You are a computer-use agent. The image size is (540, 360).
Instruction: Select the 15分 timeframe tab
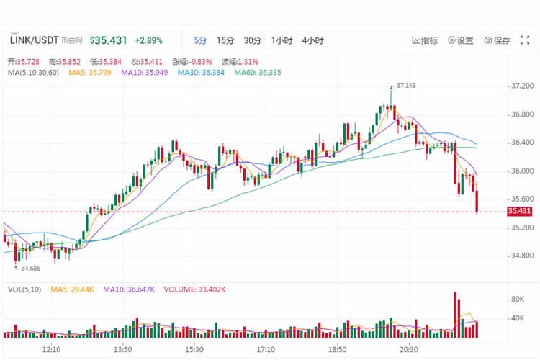(x=225, y=40)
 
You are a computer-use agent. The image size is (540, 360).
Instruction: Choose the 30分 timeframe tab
(x=253, y=40)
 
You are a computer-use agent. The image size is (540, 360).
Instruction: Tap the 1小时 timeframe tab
(x=282, y=40)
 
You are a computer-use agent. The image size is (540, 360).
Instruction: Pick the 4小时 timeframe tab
(x=313, y=40)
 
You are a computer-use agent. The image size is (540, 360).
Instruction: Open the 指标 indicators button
(x=425, y=40)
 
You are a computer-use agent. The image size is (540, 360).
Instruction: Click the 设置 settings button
(x=461, y=40)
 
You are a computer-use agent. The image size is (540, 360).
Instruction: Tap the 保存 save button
(x=498, y=40)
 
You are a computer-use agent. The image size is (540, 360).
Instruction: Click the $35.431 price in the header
(x=109, y=40)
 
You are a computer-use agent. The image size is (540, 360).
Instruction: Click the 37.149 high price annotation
(x=407, y=85)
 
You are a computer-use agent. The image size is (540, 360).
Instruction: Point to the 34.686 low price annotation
(x=31, y=268)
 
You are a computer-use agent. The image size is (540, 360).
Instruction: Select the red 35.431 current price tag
(x=519, y=211)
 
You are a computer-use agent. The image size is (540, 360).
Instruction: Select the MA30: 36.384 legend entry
(x=202, y=73)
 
